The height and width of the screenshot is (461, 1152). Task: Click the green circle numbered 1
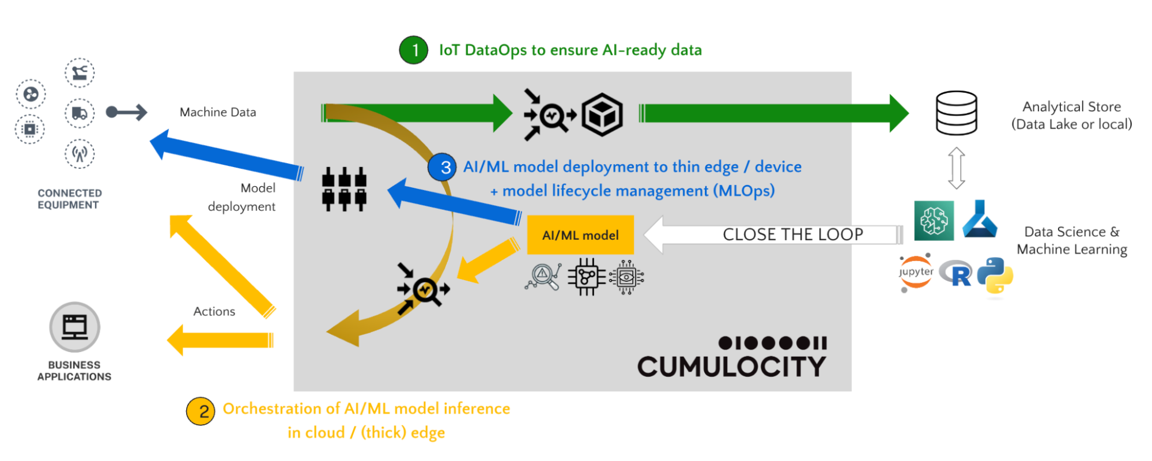(x=413, y=50)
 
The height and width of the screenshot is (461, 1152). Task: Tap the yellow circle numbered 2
(x=201, y=411)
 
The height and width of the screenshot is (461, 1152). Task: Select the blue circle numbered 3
(x=442, y=167)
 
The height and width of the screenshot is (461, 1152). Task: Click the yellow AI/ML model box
(x=580, y=235)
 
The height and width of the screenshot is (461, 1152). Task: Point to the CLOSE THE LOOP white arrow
(x=772, y=235)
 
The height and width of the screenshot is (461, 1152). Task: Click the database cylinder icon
(x=956, y=113)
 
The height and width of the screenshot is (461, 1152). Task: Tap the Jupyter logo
(x=916, y=272)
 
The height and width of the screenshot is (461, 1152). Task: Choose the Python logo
(x=995, y=275)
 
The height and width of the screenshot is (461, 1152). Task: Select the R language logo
(x=955, y=274)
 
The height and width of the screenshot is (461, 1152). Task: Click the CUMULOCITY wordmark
(x=731, y=366)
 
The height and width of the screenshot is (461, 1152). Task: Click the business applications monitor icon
(x=75, y=327)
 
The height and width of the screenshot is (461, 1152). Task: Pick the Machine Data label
(x=218, y=112)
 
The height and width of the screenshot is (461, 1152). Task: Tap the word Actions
(x=214, y=312)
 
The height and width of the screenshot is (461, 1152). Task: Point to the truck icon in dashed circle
(x=80, y=113)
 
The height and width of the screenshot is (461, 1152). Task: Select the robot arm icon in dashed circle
(x=80, y=73)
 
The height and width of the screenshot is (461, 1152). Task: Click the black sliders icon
(x=344, y=189)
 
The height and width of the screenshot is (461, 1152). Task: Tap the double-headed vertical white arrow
(x=956, y=168)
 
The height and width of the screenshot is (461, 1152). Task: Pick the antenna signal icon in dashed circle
(x=80, y=154)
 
